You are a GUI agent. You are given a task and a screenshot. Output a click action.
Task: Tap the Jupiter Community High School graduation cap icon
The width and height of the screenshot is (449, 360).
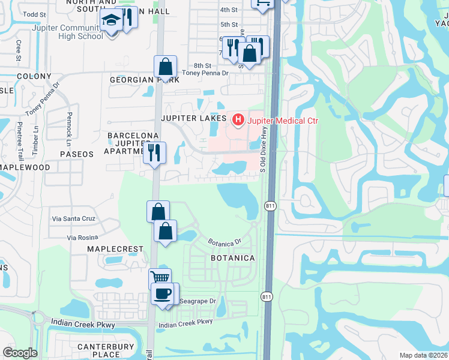(111, 22)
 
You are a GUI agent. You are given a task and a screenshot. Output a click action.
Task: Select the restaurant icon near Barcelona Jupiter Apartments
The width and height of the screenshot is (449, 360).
(155, 154)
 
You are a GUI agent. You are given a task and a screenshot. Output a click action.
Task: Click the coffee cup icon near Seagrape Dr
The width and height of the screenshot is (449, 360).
(164, 293)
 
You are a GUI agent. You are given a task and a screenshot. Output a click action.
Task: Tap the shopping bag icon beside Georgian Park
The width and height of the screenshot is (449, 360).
(165, 67)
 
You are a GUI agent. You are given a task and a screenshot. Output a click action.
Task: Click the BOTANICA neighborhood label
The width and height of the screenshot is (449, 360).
(233, 258)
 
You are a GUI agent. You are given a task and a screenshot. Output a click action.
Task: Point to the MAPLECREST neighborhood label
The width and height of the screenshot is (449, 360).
(115, 249)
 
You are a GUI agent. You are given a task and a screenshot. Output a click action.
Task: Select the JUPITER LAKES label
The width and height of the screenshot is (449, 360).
(193, 119)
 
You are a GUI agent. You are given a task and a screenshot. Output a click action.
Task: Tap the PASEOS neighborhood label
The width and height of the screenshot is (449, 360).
(77, 154)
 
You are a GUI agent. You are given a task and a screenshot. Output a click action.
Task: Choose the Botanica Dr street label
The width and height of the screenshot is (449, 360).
(224, 242)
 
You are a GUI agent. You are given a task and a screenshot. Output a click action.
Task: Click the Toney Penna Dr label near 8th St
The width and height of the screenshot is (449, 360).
(205, 73)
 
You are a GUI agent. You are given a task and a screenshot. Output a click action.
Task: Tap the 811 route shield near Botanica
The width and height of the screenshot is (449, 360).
(267, 207)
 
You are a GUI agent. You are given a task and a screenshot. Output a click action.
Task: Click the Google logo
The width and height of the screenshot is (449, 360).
(20, 353)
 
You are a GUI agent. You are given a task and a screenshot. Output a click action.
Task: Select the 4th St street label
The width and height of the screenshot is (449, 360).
(229, 10)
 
